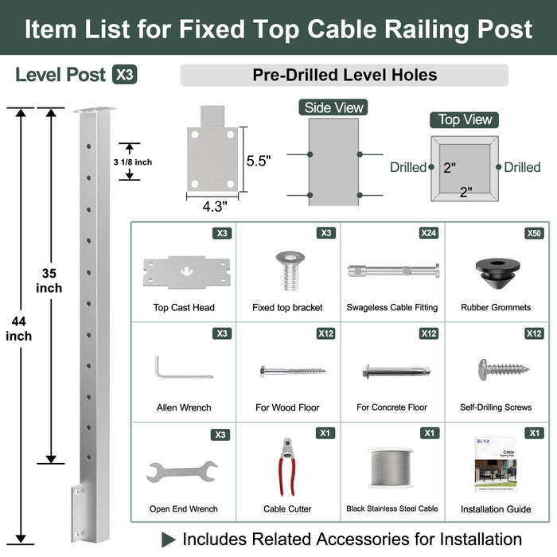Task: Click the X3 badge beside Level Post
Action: [124, 75]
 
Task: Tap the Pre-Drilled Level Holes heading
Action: [345, 75]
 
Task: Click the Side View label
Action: [334, 107]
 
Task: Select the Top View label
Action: [465, 119]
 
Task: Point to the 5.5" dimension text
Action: [259, 160]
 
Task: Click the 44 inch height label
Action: [18, 328]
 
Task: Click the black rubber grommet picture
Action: [495, 271]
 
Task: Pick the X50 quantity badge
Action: [535, 233]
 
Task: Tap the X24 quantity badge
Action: [429, 233]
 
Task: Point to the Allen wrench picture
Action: [182, 368]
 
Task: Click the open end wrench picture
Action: [183, 473]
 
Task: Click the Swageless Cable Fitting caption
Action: [391, 307]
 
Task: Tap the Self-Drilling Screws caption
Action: [496, 407]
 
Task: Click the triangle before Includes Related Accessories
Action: [169, 539]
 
